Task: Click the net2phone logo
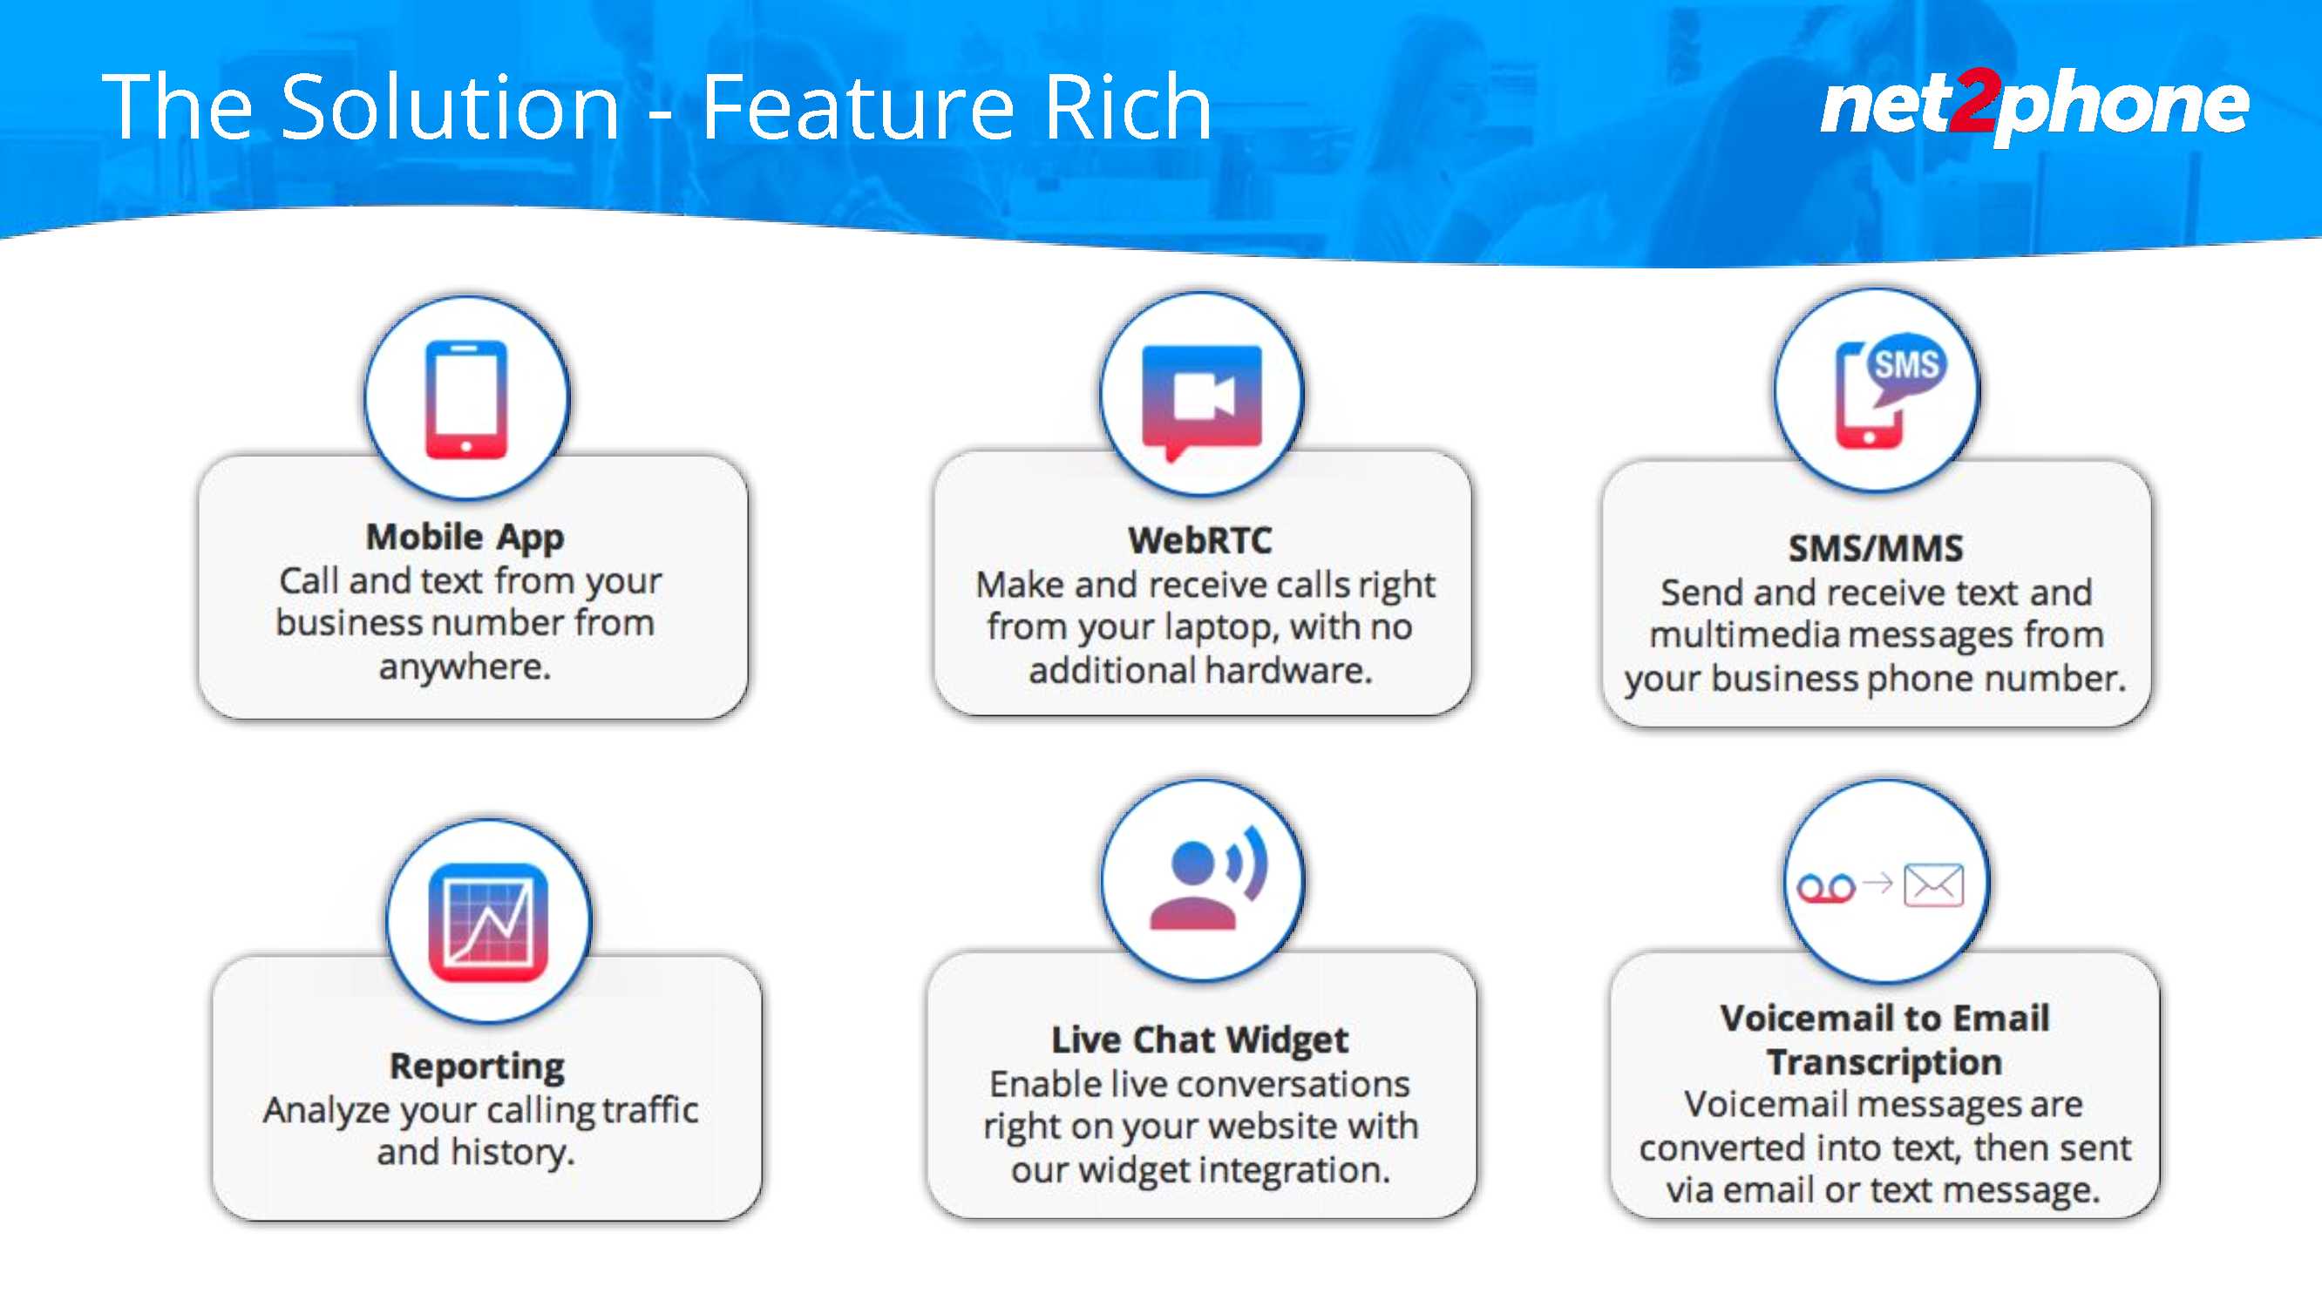click(x=2034, y=105)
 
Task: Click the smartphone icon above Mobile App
click(x=466, y=398)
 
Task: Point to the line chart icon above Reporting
click(x=489, y=922)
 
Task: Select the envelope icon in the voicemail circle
click(x=1933, y=885)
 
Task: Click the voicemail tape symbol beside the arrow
click(x=1826, y=889)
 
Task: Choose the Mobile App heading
click(x=465, y=538)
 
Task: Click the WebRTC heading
click(x=1201, y=541)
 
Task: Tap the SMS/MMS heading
click(x=1876, y=548)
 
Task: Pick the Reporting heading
click(x=477, y=1067)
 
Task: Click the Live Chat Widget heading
click(x=1199, y=1040)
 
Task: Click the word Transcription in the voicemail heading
click(x=1884, y=1063)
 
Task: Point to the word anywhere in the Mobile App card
click(x=465, y=668)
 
